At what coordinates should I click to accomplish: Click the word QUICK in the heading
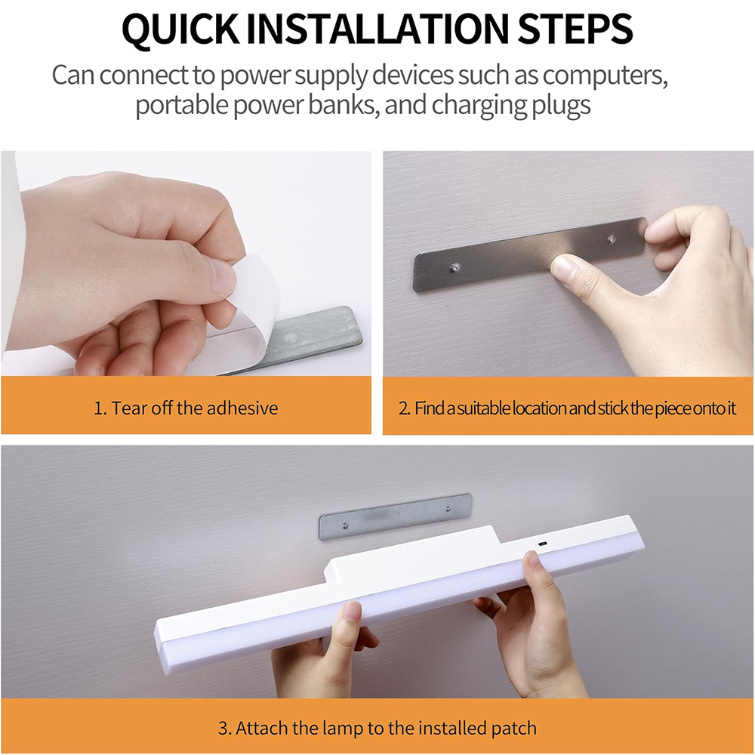click(x=180, y=29)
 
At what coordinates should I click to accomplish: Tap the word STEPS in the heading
click(x=575, y=29)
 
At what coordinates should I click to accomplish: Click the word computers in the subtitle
click(x=606, y=75)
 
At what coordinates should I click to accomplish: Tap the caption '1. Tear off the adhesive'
click(x=186, y=408)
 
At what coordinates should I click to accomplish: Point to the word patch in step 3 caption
click(x=514, y=728)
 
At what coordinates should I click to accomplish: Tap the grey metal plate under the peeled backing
click(x=308, y=337)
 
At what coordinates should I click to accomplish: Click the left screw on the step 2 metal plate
click(x=454, y=267)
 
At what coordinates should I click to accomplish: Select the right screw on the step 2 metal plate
click(x=612, y=239)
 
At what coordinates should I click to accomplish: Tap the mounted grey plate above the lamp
click(x=395, y=516)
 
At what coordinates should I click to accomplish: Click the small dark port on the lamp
click(x=543, y=544)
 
